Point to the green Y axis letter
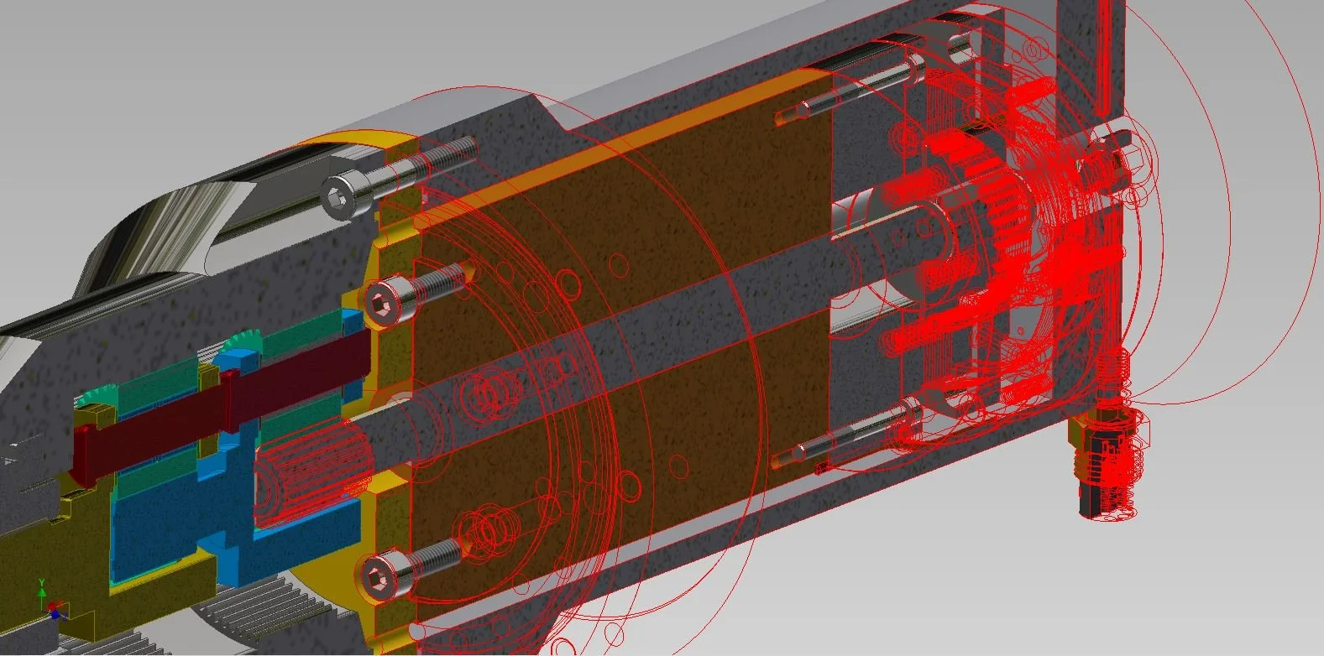[x=42, y=583]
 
